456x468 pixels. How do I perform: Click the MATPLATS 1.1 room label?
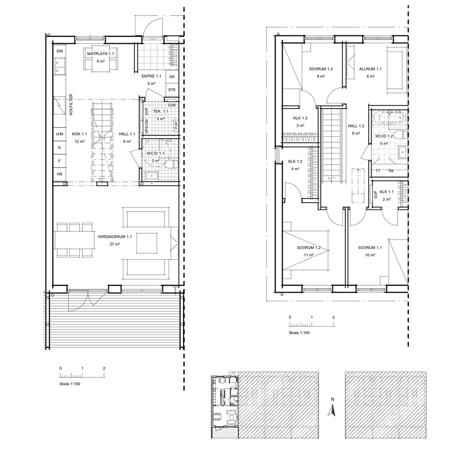pyautogui.click(x=100, y=54)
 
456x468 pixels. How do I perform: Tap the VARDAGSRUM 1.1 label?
pyautogui.click(x=114, y=237)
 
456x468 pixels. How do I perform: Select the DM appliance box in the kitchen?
pyautogui.click(x=60, y=51)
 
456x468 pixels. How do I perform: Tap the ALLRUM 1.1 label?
pyautogui.click(x=370, y=69)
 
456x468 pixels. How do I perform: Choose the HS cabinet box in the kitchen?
pyautogui.click(x=60, y=174)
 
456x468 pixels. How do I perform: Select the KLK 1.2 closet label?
pyautogui.click(x=295, y=162)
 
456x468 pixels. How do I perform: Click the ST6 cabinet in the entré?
pyautogui.click(x=172, y=90)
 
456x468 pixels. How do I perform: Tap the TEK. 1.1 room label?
pyautogui.click(x=161, y=111)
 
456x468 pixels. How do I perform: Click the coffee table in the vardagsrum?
pyautogui.click(x=147, y=243)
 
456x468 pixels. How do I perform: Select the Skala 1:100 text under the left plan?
pyautogui.click(x=70, y=384)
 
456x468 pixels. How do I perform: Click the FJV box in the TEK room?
pyautogui.click(x=176, y=125)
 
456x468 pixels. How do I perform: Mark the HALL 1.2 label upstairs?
pyautogui.click(x=356, y=126)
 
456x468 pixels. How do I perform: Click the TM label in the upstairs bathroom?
pyautogui.click(x=391, y=171)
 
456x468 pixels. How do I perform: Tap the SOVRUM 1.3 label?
pyautogui.click(x=321, y=69)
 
